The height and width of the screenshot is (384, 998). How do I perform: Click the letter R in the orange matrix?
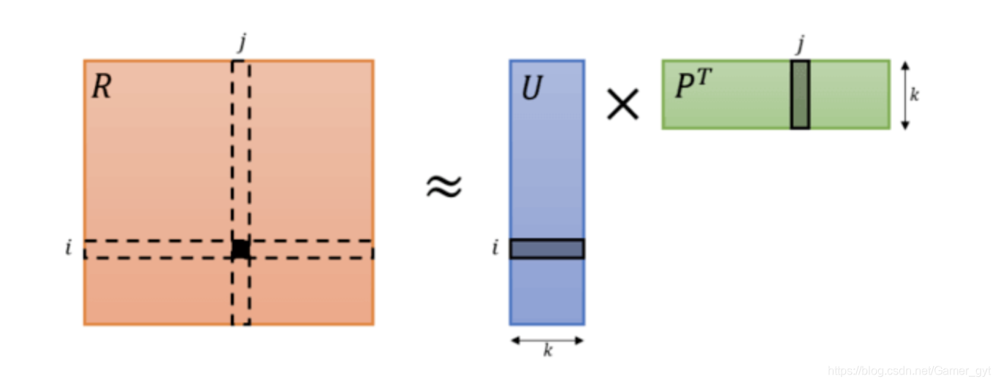[x=102, y=88]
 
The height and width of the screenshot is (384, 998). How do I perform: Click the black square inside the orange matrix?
[x=240, y=249]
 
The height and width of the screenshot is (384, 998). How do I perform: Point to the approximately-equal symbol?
[x=443, y=186]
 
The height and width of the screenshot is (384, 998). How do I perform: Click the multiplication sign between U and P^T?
[x=623, y=104]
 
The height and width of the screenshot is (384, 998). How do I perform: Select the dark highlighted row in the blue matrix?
[x=546, y=249]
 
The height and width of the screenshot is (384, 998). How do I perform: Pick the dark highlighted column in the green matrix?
[x=800, y=95]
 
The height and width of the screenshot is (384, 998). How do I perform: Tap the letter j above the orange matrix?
[x=241, y=43]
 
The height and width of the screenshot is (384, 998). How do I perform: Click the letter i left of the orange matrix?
[x=69, y=248]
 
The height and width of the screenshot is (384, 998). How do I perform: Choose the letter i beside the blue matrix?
[x=495, y=248]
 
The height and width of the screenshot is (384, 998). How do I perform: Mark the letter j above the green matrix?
[x=800, y=45]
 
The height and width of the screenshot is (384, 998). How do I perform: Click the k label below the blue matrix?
[x=547, y=351]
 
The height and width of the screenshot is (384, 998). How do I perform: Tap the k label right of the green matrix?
[x=914, y=95]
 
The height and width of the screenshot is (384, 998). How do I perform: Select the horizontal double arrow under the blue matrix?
[x=547, y=339]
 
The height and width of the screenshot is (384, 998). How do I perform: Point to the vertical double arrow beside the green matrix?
[x=905, y=95]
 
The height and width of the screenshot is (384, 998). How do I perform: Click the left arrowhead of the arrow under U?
[x=514, y=339]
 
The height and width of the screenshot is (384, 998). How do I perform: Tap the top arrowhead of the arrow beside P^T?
[x=905, y=65]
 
